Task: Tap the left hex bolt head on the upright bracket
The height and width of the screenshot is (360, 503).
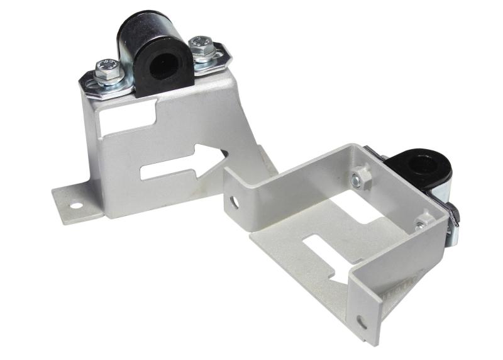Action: point(106,69)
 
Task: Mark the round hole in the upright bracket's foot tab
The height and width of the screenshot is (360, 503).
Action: point(75,206)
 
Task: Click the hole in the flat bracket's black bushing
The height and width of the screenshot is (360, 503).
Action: point(417,166)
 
